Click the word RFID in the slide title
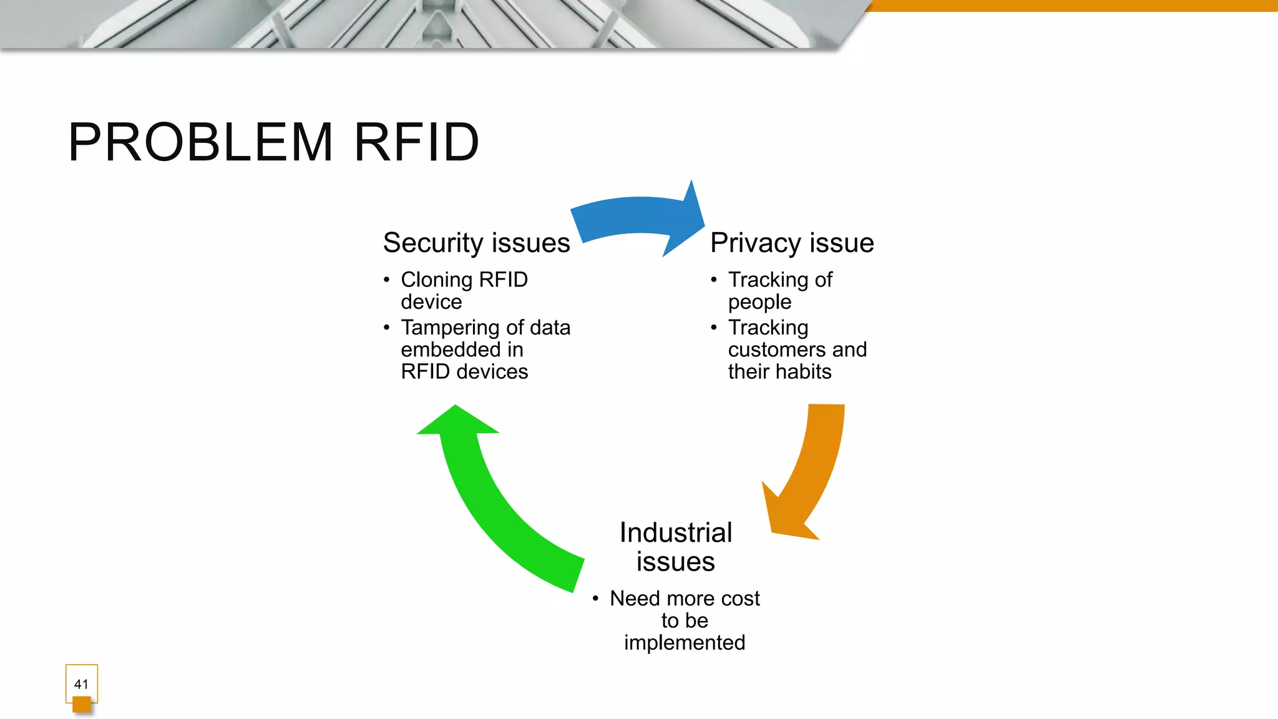[416, 142]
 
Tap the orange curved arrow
[811, 474]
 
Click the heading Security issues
[476, 243]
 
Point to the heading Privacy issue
[791, 243]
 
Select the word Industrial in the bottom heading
[675, 532]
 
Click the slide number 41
[81, 684]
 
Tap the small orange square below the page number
[82, 705]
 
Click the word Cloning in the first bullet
[436, 280]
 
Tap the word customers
[777, 350]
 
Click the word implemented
[685, 643]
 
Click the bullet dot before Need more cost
[595, 599]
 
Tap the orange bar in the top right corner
[1073, 5]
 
